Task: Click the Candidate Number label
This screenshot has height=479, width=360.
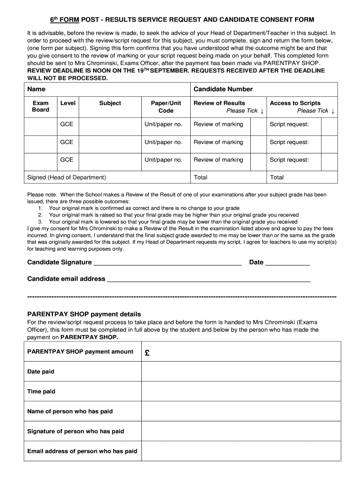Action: click(223, 89)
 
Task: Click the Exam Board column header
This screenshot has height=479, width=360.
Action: click(40, 107)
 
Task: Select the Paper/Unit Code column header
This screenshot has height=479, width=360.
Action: click(166, 107)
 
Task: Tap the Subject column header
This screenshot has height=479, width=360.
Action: click(110, 103)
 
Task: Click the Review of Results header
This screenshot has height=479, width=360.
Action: click(219, 103)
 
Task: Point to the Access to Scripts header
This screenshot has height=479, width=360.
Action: click(295, 103)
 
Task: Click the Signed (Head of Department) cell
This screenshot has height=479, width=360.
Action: click(67, 177)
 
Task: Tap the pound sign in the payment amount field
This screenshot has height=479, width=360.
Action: click(147, 354)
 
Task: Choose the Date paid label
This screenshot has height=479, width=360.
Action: click(41, 371)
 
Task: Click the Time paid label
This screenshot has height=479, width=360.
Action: click(41, 392)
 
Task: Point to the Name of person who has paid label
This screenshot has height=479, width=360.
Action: click(70, 411)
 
